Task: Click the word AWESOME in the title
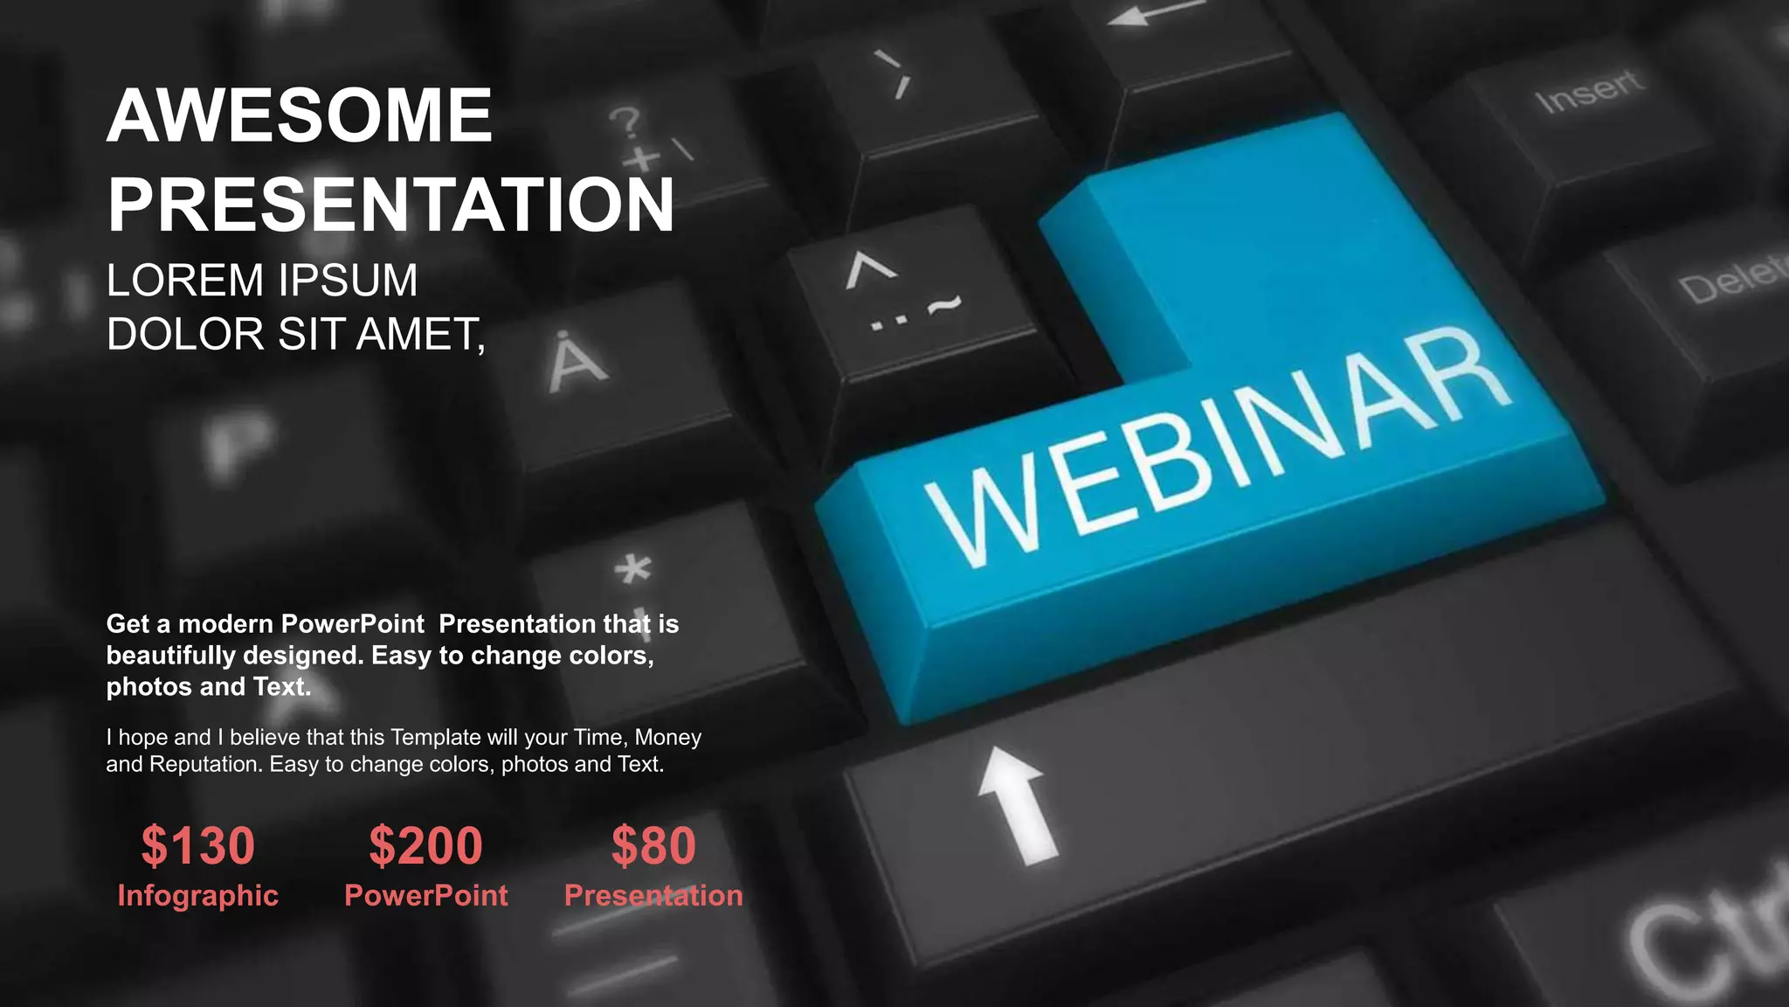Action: coord(300,115)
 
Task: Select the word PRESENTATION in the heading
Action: coord(390,205)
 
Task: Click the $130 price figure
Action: coord(198,846)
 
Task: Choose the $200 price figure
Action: coord(425,846)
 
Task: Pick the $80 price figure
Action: coord(653,846)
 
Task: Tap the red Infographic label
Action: coord(198,896)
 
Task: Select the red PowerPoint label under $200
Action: coord(425,896)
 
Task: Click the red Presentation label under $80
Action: coord(653,896)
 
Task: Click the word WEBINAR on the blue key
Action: coord(1219,446)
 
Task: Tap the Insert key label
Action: coord(1590,92)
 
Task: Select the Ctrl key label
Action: coord(1712,935)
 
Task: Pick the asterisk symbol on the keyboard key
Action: coord(633,570)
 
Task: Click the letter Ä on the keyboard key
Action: coord(577,363)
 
